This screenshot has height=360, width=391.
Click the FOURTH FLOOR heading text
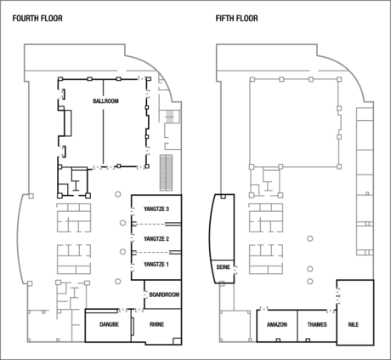coord(37,18)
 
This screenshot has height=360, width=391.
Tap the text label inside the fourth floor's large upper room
coord(106,101)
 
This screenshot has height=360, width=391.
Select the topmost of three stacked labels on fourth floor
coord(156,209)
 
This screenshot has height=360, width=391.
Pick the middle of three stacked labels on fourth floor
coord(156,237)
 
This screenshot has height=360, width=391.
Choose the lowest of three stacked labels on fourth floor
coord(156,264)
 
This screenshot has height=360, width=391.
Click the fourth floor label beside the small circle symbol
coord(163,294)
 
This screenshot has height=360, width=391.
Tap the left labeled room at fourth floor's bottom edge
coord(108,324)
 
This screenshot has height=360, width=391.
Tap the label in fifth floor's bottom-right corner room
coord(354,324)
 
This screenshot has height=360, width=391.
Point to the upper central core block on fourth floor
coord(74,218)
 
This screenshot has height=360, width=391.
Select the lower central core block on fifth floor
coord(264,255)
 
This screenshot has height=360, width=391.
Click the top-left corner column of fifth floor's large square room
coord(252,78)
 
